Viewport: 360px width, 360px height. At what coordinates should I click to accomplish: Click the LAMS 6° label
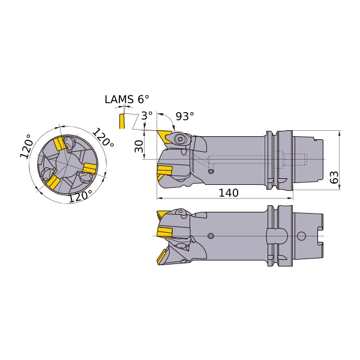[127, 100]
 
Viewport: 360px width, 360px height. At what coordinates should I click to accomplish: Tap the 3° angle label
[147, 115]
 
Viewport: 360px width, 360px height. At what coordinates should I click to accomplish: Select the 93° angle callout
[185, 116]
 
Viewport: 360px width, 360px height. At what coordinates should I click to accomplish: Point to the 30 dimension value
[139, 146]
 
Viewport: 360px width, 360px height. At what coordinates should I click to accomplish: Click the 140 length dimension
[229, 193]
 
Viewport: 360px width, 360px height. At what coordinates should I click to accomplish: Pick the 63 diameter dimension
[334, 177]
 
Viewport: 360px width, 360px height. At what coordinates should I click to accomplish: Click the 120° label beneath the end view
[80, 196]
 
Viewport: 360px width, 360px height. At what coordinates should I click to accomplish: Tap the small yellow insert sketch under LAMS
[122, 121]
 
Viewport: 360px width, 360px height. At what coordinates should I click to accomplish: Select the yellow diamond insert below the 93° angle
[165, 137]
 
